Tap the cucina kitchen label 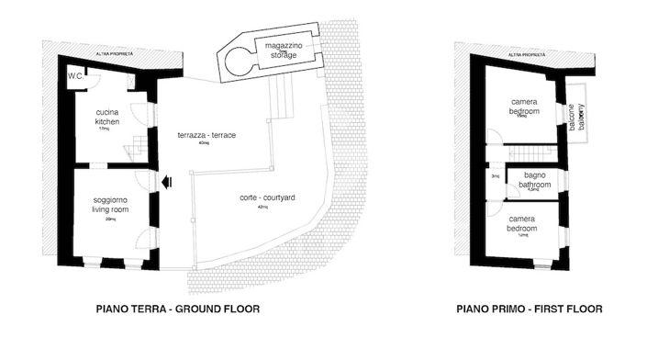(108, 117)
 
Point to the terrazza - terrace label (207, 136)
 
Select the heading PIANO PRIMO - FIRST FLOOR (530, 309)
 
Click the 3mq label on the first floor (495, 176)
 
